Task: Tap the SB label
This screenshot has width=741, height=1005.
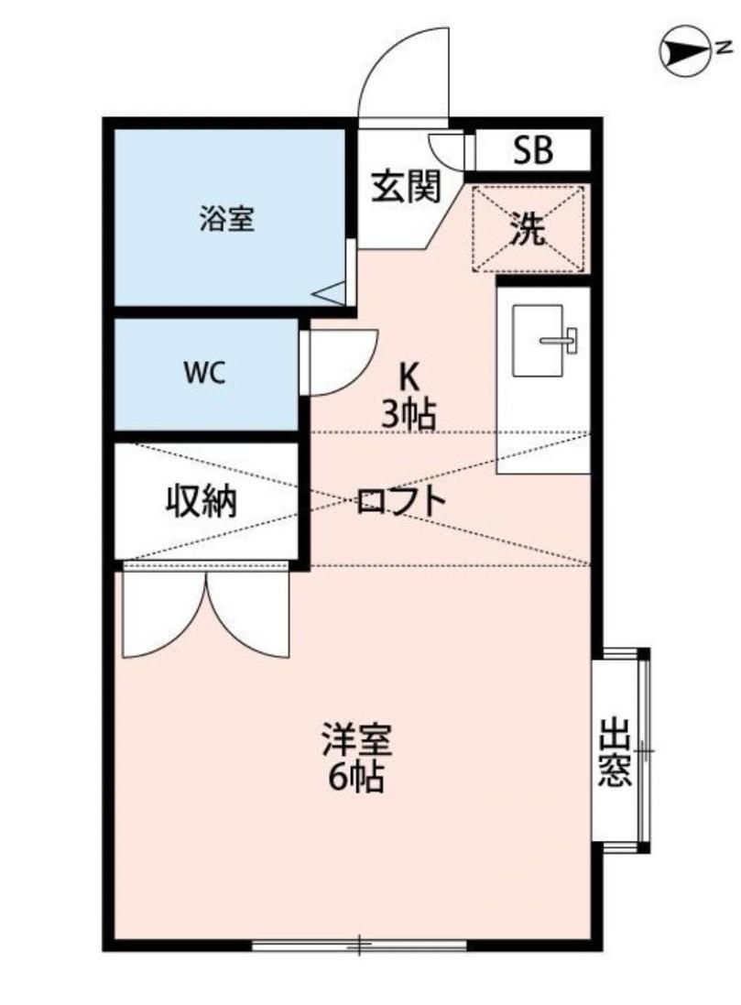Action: pos(532,150)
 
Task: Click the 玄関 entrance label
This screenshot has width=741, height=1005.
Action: pos(405,187)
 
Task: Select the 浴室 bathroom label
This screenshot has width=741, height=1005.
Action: pos(227,220)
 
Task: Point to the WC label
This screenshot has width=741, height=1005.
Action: pos(204,373)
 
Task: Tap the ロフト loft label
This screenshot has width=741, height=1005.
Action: pos(401,500)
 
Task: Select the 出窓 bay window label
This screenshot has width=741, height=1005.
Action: pos(616,753)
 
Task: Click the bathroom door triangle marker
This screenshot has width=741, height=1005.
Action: pos(331,293)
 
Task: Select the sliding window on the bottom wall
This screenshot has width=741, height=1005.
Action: pos(359,944)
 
